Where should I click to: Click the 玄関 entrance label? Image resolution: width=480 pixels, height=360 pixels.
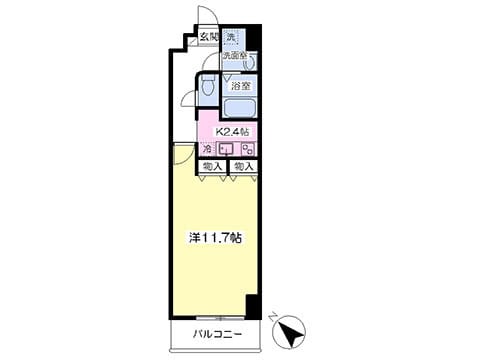208,38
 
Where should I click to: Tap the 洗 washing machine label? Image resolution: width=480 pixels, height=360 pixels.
231,38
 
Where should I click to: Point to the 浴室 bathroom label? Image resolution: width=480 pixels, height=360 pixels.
240,87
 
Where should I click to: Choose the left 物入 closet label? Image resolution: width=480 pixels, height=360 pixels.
211,166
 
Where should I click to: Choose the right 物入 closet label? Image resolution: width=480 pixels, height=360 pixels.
243,166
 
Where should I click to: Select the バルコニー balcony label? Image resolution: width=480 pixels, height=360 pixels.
214,335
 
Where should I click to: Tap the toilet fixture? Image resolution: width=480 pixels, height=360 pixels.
209,88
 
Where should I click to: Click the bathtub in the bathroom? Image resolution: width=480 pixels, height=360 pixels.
239,109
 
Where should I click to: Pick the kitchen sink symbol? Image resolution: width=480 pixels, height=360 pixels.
227,150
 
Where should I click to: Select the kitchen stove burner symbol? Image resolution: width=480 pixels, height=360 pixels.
246,150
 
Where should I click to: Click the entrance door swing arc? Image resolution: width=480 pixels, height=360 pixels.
205,18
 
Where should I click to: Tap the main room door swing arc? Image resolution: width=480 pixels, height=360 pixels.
183,153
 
